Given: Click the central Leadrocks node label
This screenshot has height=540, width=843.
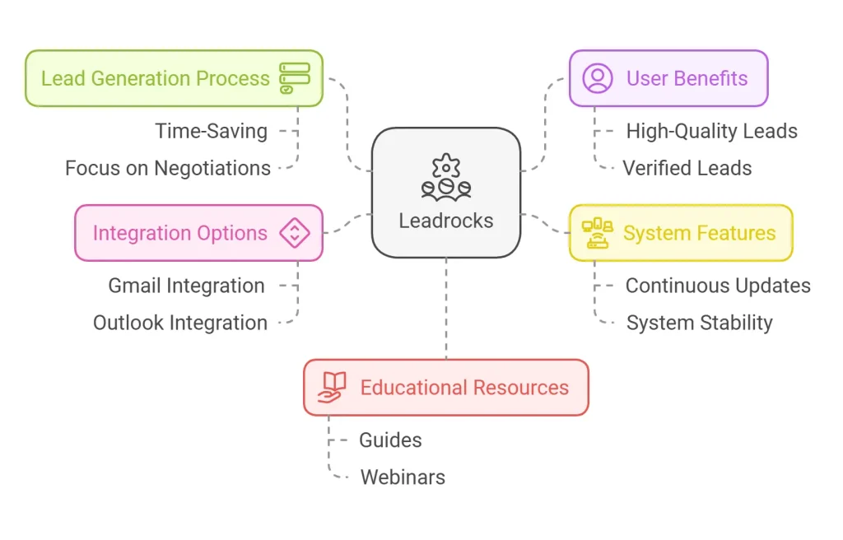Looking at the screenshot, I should click(x=445, y=221).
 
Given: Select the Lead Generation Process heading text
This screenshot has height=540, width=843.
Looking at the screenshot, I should click(x=156, y=79).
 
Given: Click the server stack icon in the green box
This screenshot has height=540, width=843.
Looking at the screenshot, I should click(x=295, y=78).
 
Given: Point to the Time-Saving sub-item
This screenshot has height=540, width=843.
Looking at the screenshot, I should click(x=212, y=131).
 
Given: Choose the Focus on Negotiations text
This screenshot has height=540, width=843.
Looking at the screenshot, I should click(x=168, y=168).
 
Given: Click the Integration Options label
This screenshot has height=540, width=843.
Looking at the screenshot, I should click(x=180, y=233).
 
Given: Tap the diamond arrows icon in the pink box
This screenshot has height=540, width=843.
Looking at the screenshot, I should click(x=294, y=233).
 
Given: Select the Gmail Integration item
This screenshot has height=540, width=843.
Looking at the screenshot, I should click(x=187, y=286).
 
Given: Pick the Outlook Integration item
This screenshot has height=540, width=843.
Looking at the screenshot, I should click(x=180, y=323).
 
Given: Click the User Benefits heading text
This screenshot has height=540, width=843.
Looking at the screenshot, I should click(x=687, y=79).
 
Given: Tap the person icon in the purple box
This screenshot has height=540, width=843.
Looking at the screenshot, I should click(x=598, y=78).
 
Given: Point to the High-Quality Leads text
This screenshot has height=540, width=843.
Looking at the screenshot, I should click(x=711, y=131).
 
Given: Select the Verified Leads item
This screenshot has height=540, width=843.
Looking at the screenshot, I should click(x=687, y=168).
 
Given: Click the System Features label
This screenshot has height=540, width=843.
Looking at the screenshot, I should click(x=699, y=233).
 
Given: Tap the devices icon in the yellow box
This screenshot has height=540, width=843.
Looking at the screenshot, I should click(x=597, y=233).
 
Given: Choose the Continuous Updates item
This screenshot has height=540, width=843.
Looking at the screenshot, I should click(x=718, y=286).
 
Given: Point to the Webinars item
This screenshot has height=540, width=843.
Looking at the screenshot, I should click(x=403, y=477).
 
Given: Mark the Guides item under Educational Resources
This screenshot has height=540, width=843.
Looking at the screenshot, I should click(x=390, y=440).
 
